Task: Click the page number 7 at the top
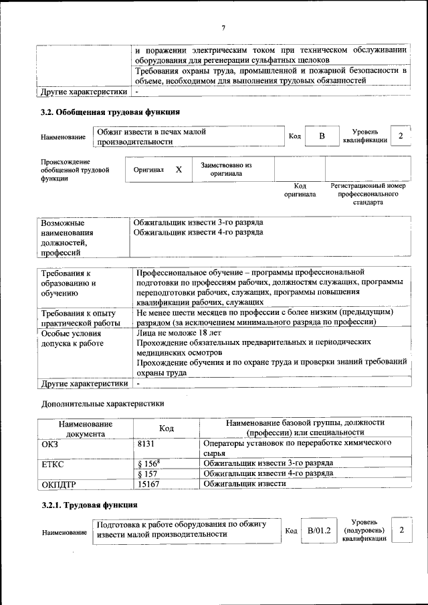tap(224, 27)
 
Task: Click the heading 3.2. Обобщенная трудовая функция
tap(110, 112)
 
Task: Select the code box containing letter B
tap(321, 136)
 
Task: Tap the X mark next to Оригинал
tap(179, 170)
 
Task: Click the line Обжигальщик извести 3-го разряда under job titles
tap(198, 221)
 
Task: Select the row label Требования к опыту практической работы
tap(79, 318)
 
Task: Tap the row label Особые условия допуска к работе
tap(72, 338)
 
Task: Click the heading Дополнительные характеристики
tap(102, 403)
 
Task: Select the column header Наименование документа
tap(85, 429)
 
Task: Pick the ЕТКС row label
tap(53, 463)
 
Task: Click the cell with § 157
tap(146, 473)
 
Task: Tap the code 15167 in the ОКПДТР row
tap(148, 483)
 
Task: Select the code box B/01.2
tap(320, 530)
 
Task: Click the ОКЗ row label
tap(50, 443)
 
